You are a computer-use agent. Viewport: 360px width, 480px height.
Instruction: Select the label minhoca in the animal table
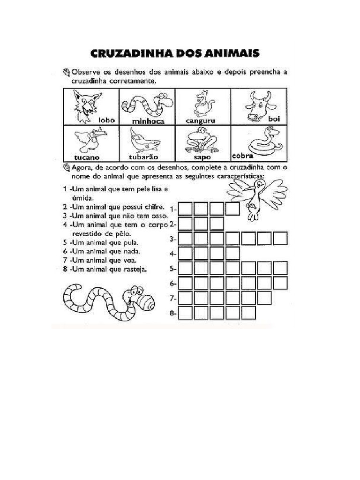(148, 121)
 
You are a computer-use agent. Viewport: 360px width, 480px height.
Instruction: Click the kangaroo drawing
(201, 103)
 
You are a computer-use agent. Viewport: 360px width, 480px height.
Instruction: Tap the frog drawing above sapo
(199, 140)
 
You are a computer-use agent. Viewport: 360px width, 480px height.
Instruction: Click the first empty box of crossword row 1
(186, 208)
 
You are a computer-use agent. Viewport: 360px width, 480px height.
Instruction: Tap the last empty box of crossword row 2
(217, 223)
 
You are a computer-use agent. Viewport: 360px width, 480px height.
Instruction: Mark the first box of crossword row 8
(186, 313)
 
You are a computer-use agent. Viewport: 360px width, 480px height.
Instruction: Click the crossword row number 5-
(173, 269)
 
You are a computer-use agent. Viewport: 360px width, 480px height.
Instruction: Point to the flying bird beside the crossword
(257, 197)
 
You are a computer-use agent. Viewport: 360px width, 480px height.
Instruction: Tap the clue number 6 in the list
(64, 251)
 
